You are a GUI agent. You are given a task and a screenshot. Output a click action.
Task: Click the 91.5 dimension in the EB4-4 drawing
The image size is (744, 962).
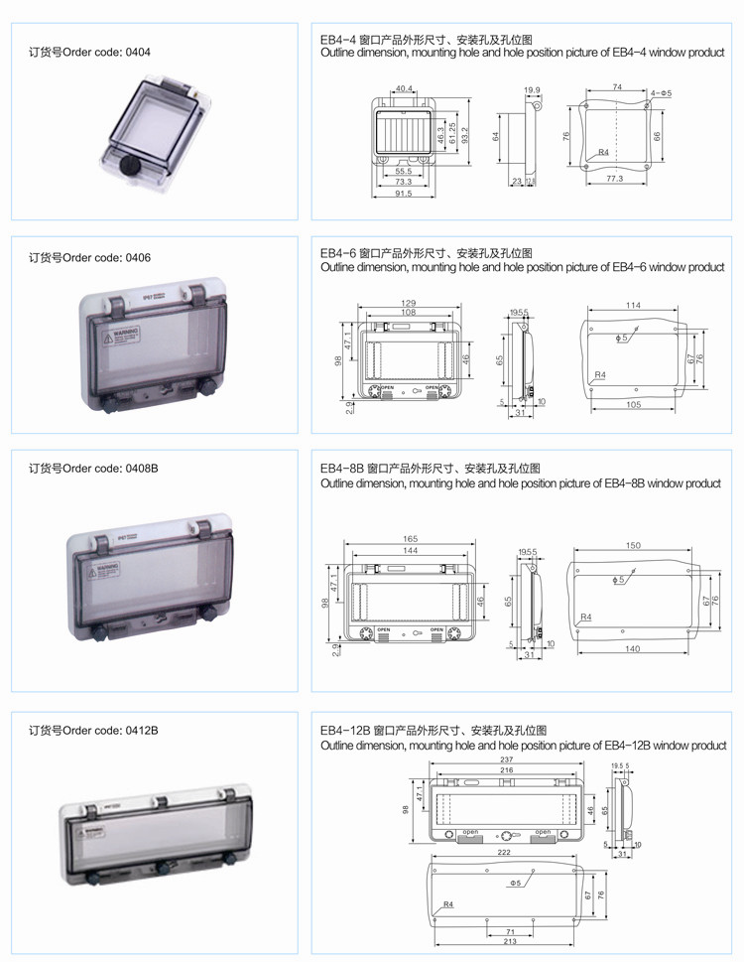click(x=403, y=193)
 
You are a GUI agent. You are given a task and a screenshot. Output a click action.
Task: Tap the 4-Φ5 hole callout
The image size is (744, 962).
click(x=662, y=92)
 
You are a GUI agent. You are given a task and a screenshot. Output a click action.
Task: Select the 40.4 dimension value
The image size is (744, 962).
click(x=404, y=89)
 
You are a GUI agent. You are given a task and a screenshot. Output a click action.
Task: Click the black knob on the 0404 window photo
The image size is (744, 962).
click(x=129, y=166)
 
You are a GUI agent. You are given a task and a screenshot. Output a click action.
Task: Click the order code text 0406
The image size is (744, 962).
click(x=90, y=258)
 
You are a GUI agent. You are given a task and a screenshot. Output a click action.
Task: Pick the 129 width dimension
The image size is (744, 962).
click(x=408, y=302)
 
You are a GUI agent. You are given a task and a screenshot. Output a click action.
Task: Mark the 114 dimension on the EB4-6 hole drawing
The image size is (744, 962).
click(x=632, y=305)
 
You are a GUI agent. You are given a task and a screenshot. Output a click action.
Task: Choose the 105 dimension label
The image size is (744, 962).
click(x=633, y=404)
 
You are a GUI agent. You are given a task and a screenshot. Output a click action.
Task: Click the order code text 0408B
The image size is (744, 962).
click(x=93, y=468)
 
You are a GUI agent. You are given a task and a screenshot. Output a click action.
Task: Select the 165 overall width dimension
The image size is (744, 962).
click(x=409, y=538)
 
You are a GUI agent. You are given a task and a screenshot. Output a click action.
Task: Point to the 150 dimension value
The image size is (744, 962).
click(x=633, y=545)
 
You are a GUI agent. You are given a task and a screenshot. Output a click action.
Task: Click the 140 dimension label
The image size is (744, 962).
click(x=633, y=648)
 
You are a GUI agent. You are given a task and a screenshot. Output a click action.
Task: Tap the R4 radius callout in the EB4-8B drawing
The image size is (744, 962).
click(x=585, y=618)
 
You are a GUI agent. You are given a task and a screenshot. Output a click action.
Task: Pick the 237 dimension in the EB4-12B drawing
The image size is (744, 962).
click(x=507, y=759)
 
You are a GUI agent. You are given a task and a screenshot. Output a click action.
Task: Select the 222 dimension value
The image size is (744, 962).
click(x=505, y=853)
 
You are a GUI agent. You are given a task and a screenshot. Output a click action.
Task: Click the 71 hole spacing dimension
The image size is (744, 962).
click(x=510, y=930)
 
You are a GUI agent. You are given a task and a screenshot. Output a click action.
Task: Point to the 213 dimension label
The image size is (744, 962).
click(x=510, y=942)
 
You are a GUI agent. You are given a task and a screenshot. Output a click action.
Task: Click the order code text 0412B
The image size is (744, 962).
click(x=92, y=731)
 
